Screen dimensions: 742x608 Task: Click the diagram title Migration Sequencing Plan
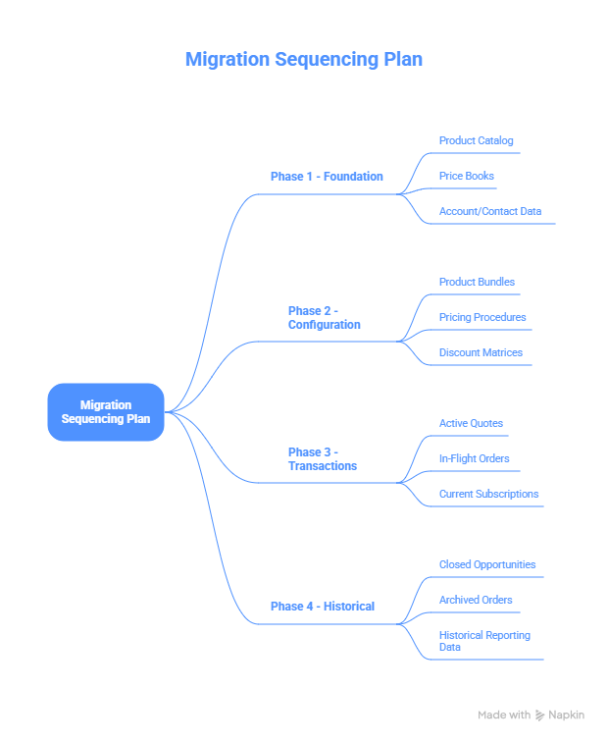tap(303, 59)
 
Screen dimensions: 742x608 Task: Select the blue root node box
tap(106, 411)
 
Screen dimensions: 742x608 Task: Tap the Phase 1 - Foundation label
tap(327, 177)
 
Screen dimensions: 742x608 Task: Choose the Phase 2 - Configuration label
tap(324, 318)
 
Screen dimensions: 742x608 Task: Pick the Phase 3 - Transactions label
tap(322, 459)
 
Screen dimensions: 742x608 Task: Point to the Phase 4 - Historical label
tap(322, 607)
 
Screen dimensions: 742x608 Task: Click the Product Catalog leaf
tap(476, 141)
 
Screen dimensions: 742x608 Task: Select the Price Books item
tap(466, 177)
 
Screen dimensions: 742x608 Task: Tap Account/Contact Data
tap(489, 212)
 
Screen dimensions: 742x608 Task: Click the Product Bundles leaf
tap(477, 283)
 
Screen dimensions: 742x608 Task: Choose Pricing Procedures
tap(481, 318)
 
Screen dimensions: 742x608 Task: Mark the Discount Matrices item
tap(481, 353)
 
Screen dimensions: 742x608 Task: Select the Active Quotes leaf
tap(471, 424)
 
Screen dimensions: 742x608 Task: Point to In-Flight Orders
tap(474, 459)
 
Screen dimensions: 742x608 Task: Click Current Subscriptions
tap(488, 495)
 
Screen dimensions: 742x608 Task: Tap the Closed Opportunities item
tap(486, 565)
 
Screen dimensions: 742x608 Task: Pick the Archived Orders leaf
tap(475, 601)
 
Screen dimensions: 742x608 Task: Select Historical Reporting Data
tap(484, 641)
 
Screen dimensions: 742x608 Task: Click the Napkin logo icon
tap(540, 715)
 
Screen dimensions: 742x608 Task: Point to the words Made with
tap(504, 715)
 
